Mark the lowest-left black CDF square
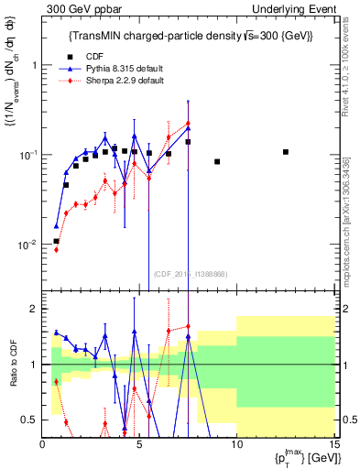(57, 241)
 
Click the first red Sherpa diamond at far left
(57, 249)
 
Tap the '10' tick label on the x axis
(236, 443)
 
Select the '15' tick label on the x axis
(333, 443)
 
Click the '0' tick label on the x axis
(43, 443)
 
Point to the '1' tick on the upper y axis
(35, 65)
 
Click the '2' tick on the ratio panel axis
(35, 310)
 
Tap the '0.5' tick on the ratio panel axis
(30, 420)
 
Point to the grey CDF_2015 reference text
(190, 274)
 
